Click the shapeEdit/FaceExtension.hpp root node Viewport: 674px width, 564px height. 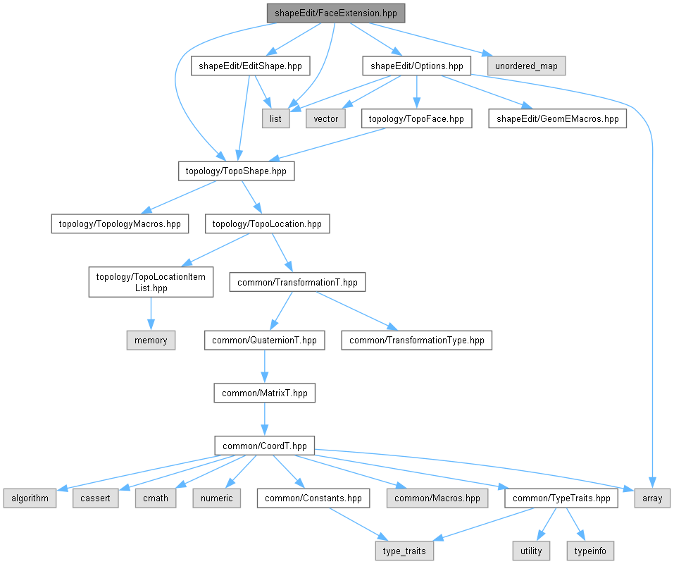[337, 13]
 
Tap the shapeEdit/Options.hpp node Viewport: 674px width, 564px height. [416, 66]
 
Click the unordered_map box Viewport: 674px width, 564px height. [525, 66]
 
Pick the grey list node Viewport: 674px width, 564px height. [275, 118]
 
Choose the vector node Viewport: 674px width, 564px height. [325, 118]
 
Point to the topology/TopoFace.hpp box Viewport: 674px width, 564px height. [417, 118]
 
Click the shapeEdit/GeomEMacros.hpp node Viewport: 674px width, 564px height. [558, 118]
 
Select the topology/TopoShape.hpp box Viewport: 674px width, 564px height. [235, 171]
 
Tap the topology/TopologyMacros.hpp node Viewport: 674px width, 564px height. [120, 224]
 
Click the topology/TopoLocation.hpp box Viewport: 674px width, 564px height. [267, 224]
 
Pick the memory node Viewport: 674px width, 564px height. [151, 340]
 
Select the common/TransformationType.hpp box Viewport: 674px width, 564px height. [417, 340]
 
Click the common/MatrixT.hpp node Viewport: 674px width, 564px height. [264, 393]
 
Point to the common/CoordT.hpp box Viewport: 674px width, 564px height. [264, 446]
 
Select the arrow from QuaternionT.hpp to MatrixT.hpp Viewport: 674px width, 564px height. [264, 367]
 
